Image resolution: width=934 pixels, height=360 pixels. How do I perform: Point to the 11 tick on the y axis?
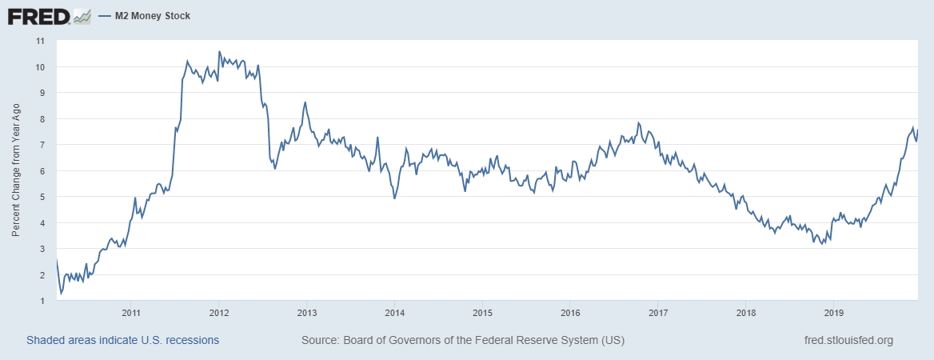[x=39, y=40]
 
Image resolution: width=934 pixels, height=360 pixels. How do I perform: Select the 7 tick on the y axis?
[x=41, y=145]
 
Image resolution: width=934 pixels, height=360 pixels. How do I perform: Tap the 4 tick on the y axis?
[x=41, y=223]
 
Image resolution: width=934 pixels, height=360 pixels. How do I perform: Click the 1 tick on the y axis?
[x=41, y=301]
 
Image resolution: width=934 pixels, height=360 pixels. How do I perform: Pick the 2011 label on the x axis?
[x=132, y=312]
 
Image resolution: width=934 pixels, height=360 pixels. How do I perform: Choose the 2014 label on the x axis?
[x=395, y=312]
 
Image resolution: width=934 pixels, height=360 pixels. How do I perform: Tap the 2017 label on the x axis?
[x=658, y=312]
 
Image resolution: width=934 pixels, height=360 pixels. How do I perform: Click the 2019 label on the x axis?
[x=833, y=312]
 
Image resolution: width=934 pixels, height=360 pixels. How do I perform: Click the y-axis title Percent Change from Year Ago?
[x=16, y=170]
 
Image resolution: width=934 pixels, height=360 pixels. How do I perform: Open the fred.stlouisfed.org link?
[x=848, y=340]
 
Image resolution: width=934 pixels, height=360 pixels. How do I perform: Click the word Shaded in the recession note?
[x=46, y=340]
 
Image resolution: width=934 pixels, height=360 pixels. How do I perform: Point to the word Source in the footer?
[x=320, y=340]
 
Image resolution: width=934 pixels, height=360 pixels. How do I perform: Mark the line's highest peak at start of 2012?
[x=219, y=52]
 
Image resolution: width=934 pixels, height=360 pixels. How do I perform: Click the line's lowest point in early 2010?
[x=61, y=294]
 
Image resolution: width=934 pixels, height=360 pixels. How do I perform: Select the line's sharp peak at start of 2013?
[x=305, y=102]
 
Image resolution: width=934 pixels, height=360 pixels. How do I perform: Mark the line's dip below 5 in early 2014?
[x=394, y=198]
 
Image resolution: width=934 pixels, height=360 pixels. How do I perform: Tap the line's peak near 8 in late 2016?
[x=638, y=122]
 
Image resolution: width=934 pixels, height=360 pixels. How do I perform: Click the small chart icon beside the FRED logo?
[x=82, y=16]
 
